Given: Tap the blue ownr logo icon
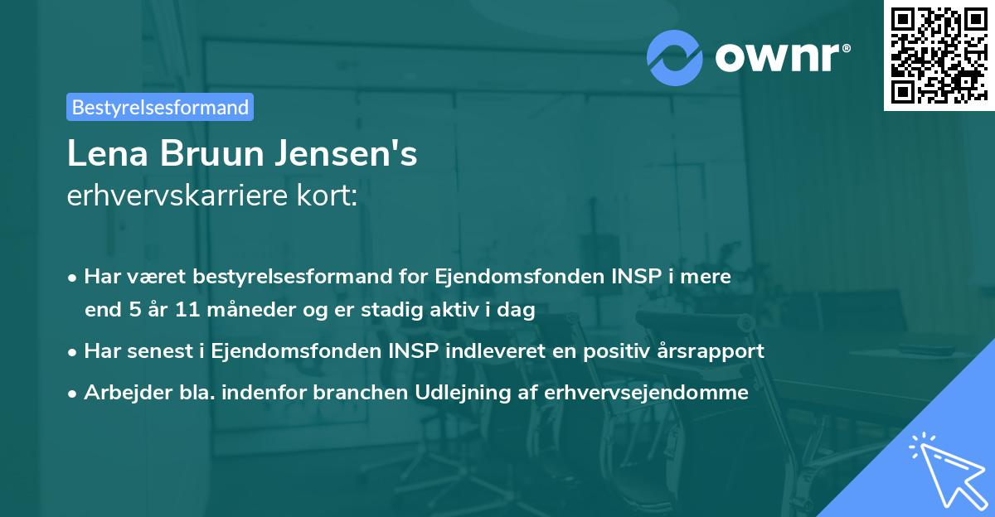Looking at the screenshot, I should (674, 56).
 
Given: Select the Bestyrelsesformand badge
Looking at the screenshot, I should (160, 107).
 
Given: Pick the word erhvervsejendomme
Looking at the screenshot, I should (647, 392).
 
